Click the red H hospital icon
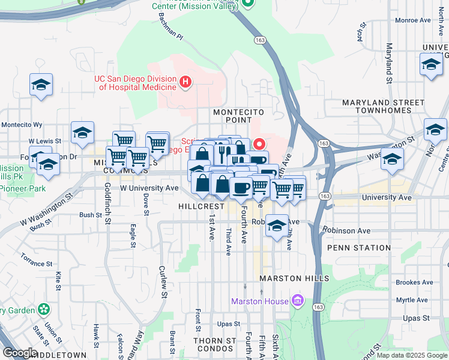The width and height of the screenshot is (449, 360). coord(186,81)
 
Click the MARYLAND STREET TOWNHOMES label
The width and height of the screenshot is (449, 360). coord(384,107)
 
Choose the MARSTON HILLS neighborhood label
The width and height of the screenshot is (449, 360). coord(294,278)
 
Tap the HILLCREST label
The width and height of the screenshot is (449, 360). coord(201,206)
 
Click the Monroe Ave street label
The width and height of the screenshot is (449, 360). coord(417,20)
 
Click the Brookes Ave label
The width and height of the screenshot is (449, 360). coord(415,282)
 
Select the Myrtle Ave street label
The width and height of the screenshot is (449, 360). coord(415,299)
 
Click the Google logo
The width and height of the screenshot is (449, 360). coord(20,353)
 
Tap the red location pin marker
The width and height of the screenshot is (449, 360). coord(260,145)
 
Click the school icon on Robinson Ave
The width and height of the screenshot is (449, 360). coord(276,226)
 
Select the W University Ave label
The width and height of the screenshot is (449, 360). coord(149,188)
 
